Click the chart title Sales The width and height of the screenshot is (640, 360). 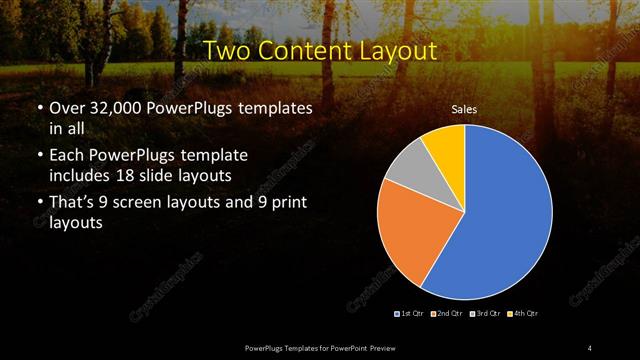coord(463,109)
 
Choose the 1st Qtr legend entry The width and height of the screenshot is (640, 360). coord(411,314)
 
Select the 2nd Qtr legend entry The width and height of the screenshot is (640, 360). coord(446,314)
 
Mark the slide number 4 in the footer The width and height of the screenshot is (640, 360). coord(590,347)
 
